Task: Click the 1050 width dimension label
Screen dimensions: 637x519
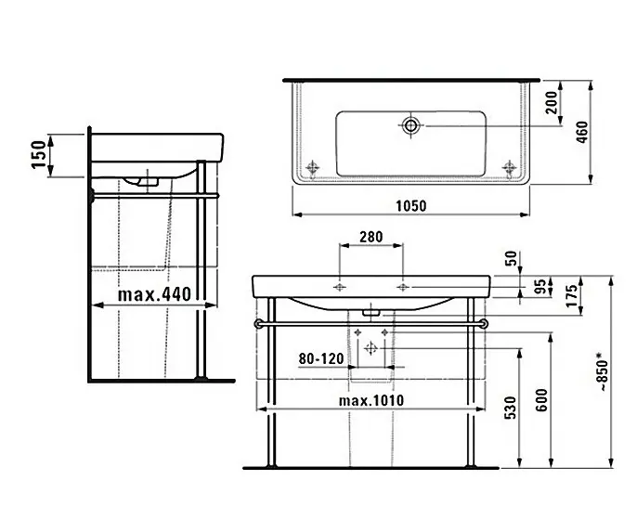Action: (x=411, y=206)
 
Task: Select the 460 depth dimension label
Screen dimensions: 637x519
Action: (x=582, y=132)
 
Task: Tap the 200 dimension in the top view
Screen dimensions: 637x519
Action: (x=551, y=102)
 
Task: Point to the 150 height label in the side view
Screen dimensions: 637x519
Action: (x=39, y=154)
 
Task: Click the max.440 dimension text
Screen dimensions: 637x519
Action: (x=154, y=294)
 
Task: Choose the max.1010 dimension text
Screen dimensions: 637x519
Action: (x=371, y=401)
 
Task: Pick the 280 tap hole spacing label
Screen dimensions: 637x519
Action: (x=370, y=237)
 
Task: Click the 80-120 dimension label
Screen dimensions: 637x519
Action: (x=321, y=358)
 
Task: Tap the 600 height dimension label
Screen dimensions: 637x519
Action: (x=541, y=400)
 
